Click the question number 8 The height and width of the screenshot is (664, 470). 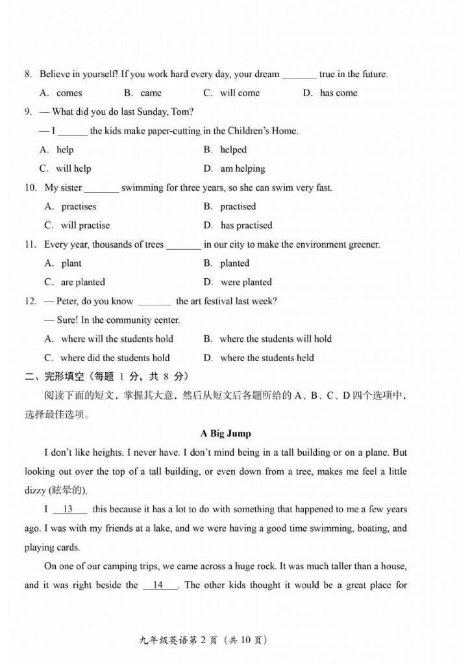click(x=29, y=74)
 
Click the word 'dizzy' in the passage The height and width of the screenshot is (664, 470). click(x=35, y=490)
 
